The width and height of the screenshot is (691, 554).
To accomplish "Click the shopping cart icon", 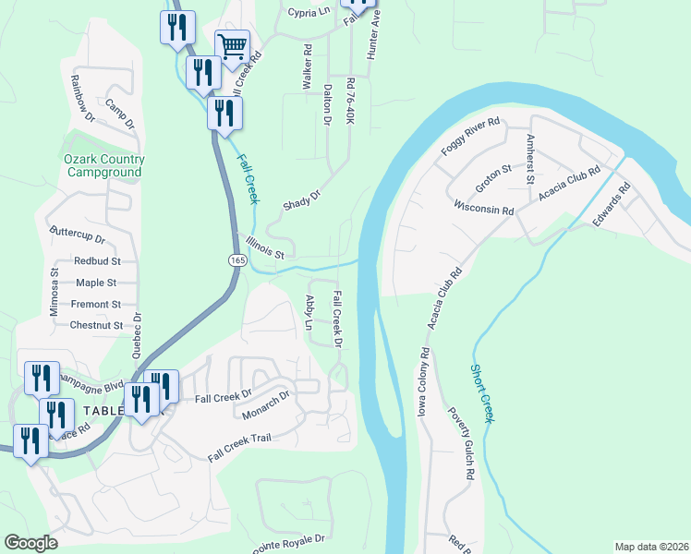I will [x=232, y=44].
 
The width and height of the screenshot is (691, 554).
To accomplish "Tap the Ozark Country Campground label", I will [x=103, y=165].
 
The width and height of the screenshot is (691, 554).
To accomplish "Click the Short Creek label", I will [x=481, y=391].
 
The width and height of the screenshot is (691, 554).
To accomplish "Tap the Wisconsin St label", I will [x=482, y=206].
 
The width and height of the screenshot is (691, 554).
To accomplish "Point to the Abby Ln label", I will [x=310, y=313].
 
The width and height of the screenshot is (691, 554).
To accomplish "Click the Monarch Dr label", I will [x=266, y=405].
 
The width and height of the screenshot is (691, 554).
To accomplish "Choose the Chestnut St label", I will [x=96, y=325].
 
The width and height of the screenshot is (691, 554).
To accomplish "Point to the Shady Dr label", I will [x=301, y=200].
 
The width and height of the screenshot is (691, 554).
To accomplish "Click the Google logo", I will [x=30, y=543].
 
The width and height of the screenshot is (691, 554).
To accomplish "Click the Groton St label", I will [x=494, y=176].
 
